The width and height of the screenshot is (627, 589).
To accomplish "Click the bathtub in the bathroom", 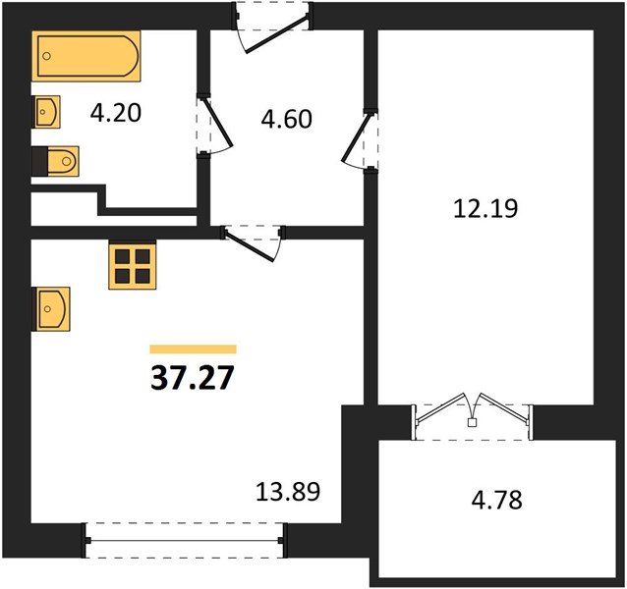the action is (x=85, y=56).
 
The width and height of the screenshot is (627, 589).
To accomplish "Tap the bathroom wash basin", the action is (x=46, y=112).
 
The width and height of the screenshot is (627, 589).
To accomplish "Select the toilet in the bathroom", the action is (x=55, y=161).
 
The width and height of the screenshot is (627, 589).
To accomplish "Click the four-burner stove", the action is (x=133, y=265).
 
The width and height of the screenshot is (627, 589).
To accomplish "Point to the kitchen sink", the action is (x=51, y=308).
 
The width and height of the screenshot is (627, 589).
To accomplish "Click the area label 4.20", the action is (x=116, y=113).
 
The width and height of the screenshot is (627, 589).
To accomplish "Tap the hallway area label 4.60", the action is (x=286, y=119).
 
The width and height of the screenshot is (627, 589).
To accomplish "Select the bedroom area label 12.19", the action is (x=485, y=208).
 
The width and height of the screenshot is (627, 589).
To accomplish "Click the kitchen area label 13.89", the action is (x=288, y=492).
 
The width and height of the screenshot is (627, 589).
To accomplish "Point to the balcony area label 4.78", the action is (x=497, y=500).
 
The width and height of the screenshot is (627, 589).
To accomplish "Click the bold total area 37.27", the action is (x=192, y=377).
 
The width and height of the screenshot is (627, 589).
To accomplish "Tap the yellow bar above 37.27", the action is (x=194, y=349).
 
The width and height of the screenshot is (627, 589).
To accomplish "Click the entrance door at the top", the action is (x=273, y=28).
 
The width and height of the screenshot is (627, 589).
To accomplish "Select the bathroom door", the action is (x=214, y=125).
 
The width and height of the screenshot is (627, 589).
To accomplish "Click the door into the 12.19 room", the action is (x=360, y=140).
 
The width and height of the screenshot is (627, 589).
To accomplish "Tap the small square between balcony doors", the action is (x=473, y=422).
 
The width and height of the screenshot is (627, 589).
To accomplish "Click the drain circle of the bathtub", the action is (x=47, y=56).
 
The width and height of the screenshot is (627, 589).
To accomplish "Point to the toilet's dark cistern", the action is (x=39, y=161).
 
